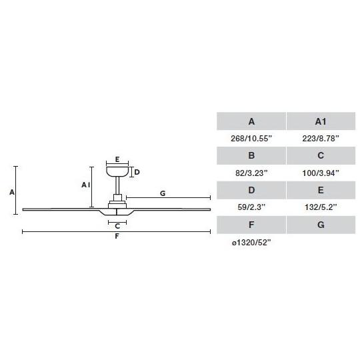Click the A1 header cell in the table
pyautogui.click(x=321, y=121)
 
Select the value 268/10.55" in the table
pyautogui.click(x=251, y=139)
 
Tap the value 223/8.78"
pyautogui.click(x=321, y=139)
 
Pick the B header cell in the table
pyautogui.click(x=251, y=155)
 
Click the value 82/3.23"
pyautogui.click(x=251, y=173)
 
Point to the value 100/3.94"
pyautogui.click(x=321, y=173)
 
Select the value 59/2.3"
pyautogui.click(x=251, y=207)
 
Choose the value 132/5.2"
pyautogui.click(x=321, y=207)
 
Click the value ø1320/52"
pyautogui.click(x=251, y=243)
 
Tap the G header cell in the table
pyautogui.click(x=321, y=225)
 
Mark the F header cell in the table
pyautogui.click(x=251, y=225)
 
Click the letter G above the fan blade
pyautogui.click(x=163, y=193)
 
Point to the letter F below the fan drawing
pyautogui.click(x=117, y=236)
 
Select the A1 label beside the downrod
pyautogui.click(x=86, y=185)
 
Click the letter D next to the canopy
pyautogui.click(x=137, y=172)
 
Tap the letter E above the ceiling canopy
pyautogui.click(x=117, y=159)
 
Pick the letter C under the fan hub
pyautogui.click(x=117, y=226)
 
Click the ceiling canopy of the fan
pyautogui.click(x=117, y=172)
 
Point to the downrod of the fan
pyautogui.click(x=117, y=185)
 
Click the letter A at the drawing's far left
pyautogui.click(x=12, y=192)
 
